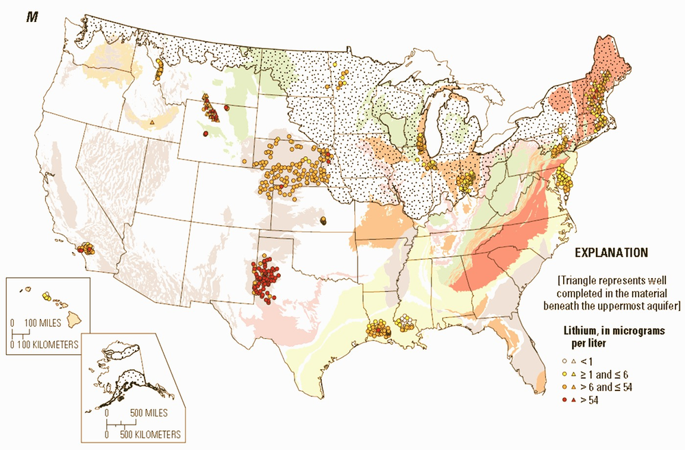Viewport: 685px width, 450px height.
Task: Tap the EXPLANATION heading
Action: click(611, 252)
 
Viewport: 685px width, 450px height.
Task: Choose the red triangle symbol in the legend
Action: click(573, 401)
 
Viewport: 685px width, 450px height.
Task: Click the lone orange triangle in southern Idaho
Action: click(151, 123)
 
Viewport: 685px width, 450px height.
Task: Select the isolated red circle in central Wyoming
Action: click(206, 134)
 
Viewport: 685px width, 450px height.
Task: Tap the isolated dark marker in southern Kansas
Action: click(323, 220)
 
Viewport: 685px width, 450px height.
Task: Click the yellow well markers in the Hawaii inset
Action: click(46, 296)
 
